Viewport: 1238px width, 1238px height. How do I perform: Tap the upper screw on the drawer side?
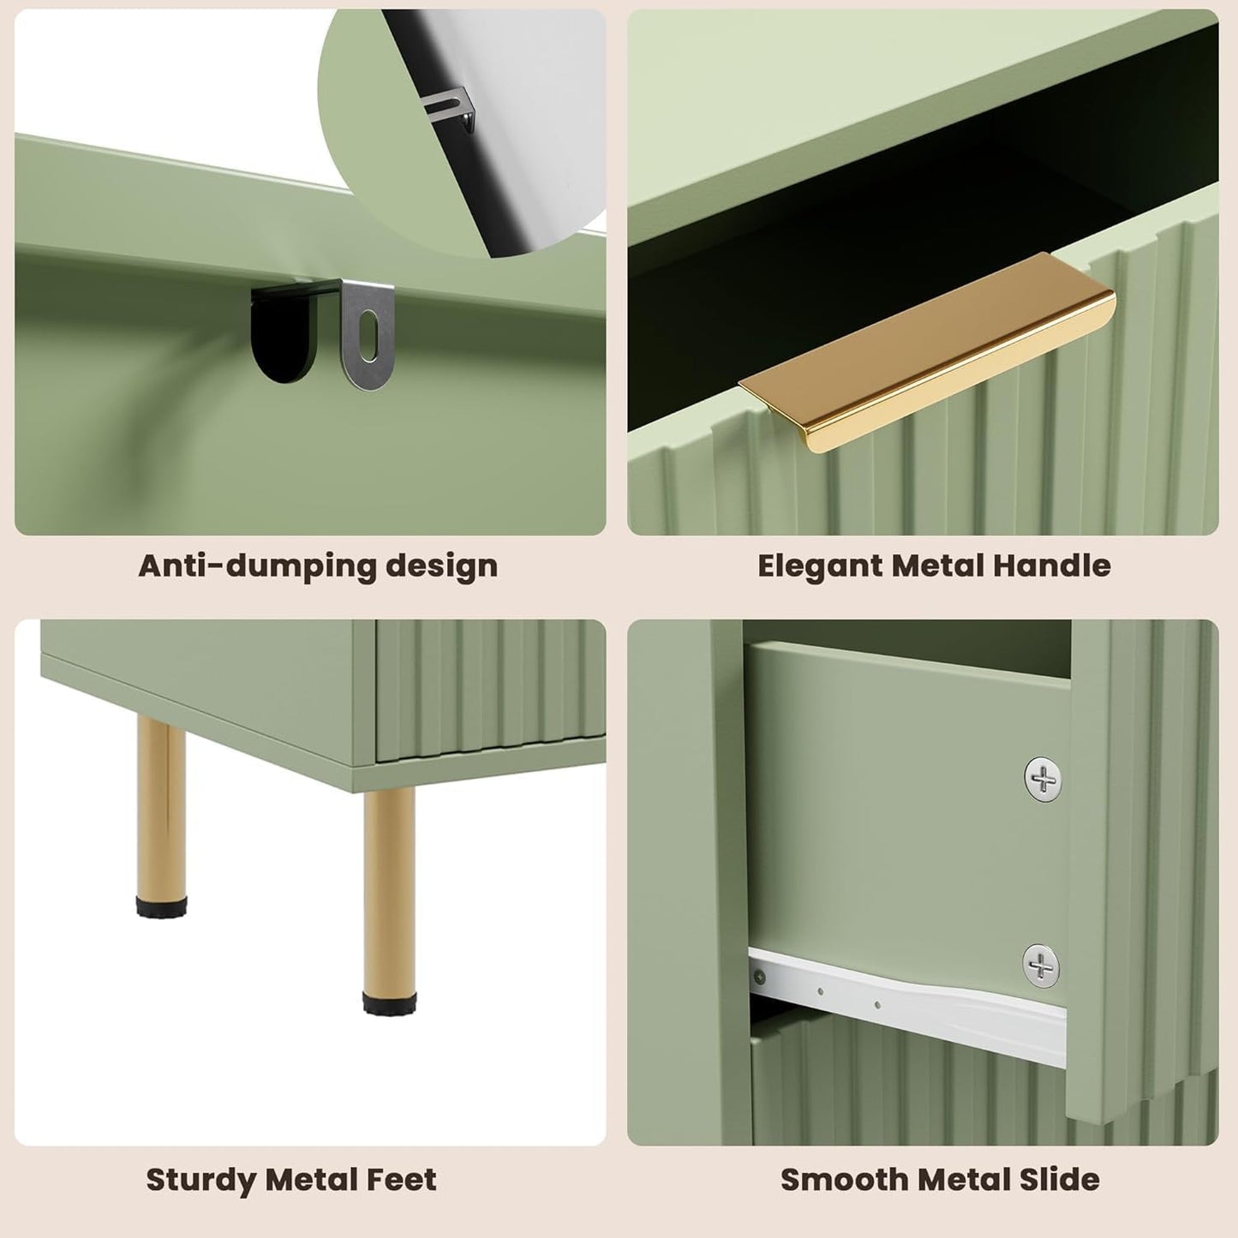(1043, 780)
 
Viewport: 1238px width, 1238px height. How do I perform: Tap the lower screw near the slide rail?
(1041, 966)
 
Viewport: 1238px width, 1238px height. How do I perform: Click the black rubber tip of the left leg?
(161, 906)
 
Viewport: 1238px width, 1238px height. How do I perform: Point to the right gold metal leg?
(389, 891)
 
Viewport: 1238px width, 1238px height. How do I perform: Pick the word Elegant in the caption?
(820, 566)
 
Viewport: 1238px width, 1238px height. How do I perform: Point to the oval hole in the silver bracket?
(368, 327)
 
